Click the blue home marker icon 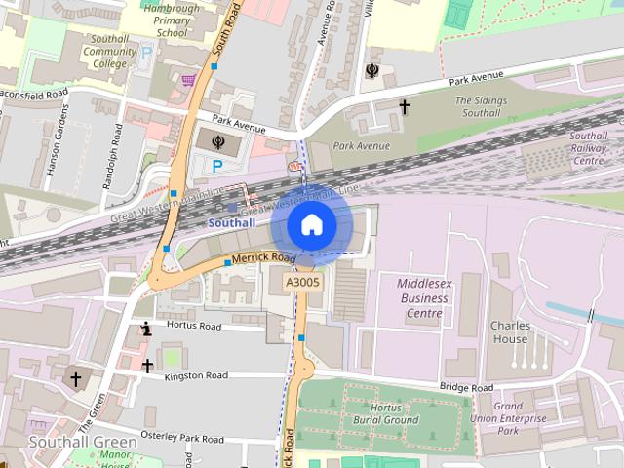coord(311,225)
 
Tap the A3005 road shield coord(301,282)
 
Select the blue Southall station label coord(232,222)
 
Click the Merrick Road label coord(263,257)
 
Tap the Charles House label coord(509,331)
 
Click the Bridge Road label coord(468,387)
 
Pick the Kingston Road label coord(196,375)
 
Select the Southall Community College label coord(110,51)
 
